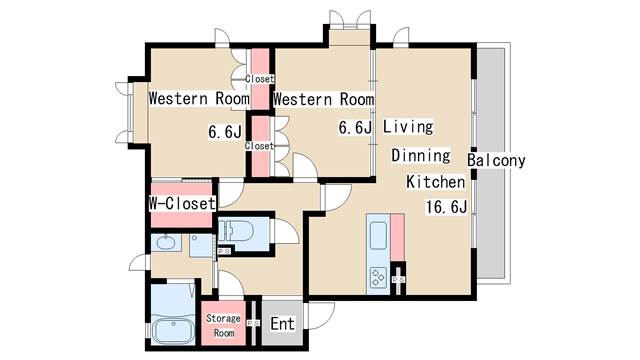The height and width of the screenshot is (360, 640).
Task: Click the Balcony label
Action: [496, 160]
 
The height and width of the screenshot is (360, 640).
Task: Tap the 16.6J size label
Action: [446, 207]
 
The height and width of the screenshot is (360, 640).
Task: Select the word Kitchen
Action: [436, 182]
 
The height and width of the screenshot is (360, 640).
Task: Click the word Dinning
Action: [421, 156]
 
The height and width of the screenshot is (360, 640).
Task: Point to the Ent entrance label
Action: [282, 324]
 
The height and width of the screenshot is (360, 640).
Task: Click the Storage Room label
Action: [223, 325]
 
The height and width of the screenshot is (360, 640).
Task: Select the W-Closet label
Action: [182, 203]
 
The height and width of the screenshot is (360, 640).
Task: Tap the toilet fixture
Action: [236, 231]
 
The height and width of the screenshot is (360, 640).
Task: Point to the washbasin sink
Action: [166, 243]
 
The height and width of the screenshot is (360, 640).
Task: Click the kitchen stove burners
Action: [378, 278]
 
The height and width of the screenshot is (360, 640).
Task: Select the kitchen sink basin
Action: [378, 236]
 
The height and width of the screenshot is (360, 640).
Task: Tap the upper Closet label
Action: [260, 79]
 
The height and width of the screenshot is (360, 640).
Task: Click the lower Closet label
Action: [259, 146]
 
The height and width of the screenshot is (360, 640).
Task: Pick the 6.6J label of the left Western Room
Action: [225, 132]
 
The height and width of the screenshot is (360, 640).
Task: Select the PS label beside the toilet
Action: [224, 251]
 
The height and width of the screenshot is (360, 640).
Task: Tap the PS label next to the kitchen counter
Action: [398, 280]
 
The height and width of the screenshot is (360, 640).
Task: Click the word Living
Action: [408, 127]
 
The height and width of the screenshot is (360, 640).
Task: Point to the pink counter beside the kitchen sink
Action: [398, 238]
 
